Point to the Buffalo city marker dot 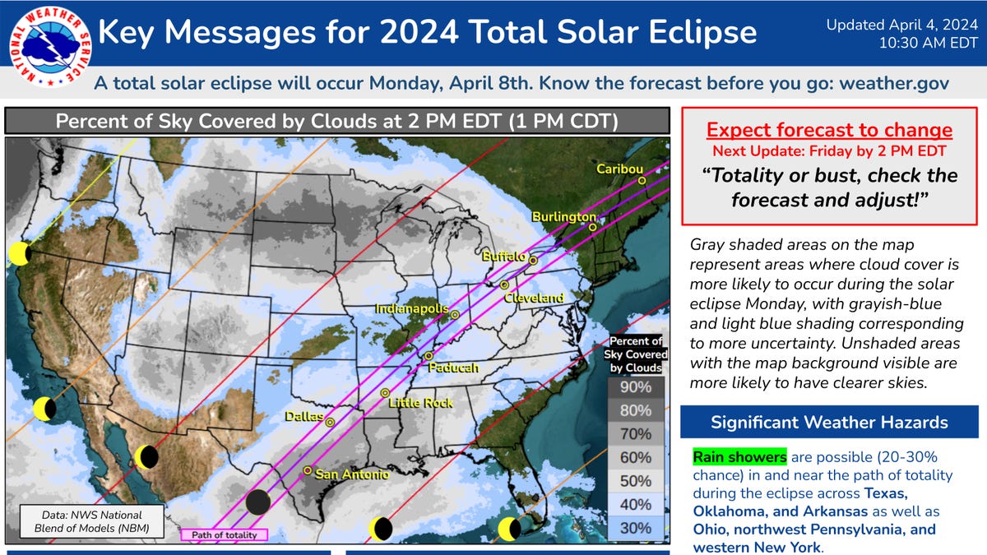point(533,260)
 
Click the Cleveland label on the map point(534,297)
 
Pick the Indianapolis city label point(411,308)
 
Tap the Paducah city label point(452,368)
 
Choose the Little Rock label point(420,403)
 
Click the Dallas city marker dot point(330,422)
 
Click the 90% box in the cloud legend point(636,387)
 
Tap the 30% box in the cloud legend point(636,528)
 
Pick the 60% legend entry point(636,457)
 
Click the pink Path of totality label point(224,534)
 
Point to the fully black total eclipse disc point(258,501)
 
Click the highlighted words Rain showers point(739,456)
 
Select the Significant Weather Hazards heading point(829,423)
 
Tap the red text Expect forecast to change point(829,130)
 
